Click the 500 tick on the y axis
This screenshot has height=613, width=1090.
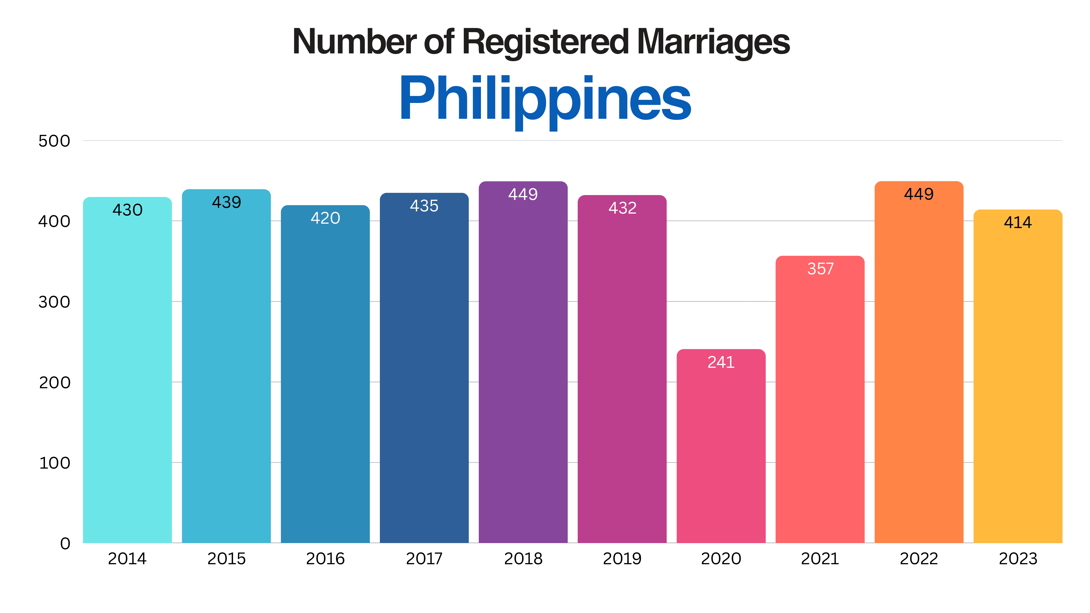coord(54,141)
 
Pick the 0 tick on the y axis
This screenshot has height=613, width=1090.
coord(65,543)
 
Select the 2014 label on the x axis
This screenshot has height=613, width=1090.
coord(127,559)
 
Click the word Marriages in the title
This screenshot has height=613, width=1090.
coord(713,42)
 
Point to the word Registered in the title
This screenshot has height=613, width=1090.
coord(546,42)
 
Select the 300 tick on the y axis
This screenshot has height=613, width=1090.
coord(54,302)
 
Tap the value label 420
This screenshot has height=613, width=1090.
coord(325,218)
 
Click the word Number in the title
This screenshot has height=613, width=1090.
coord(355,42)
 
